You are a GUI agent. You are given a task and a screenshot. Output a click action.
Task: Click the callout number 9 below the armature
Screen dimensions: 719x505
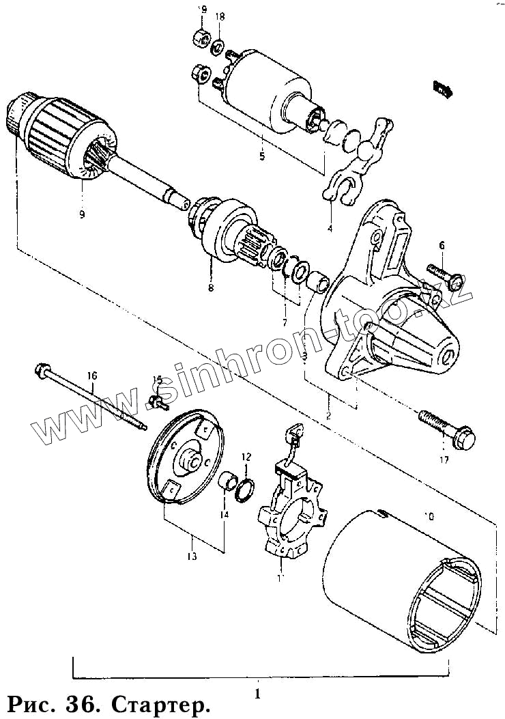point(81,215)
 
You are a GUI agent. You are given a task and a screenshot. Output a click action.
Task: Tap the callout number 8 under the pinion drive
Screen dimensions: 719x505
point(210,287)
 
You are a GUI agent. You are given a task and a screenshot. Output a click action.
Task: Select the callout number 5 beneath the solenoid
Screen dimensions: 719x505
point(261,157)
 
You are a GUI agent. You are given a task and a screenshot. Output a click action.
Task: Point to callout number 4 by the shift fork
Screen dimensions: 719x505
point(330,228)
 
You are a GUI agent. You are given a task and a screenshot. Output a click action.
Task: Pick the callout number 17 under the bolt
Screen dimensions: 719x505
point(444,460)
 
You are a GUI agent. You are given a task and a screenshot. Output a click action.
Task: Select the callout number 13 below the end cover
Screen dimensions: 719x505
point(192,556)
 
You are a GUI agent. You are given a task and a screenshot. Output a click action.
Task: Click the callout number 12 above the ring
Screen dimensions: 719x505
point(246,456)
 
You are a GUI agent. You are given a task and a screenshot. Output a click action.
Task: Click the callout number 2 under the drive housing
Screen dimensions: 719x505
point(328,415)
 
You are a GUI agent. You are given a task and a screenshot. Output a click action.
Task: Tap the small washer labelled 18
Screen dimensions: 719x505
point(218,48)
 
